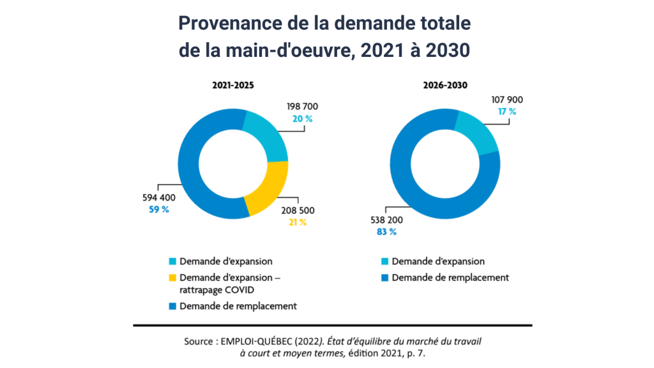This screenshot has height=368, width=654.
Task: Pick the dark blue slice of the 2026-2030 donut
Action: pos(415,179)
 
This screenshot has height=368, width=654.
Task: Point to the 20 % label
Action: pos(303,119)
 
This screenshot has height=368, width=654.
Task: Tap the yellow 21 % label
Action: pos(297,222)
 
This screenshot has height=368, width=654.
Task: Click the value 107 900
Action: pos(507,100)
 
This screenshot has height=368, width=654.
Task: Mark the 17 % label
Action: pos(507,112)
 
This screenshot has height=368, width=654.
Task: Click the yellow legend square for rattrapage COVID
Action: pos(172,278)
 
